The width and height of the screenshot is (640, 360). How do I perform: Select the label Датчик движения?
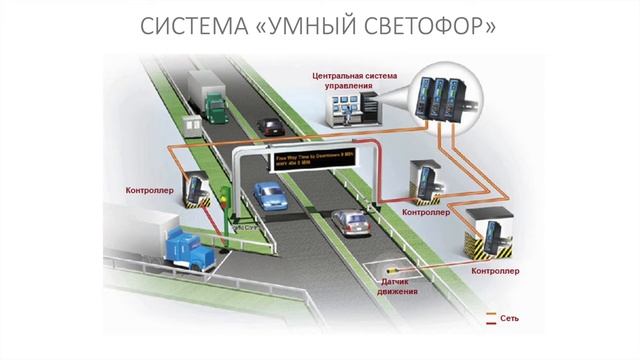point(400,288)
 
